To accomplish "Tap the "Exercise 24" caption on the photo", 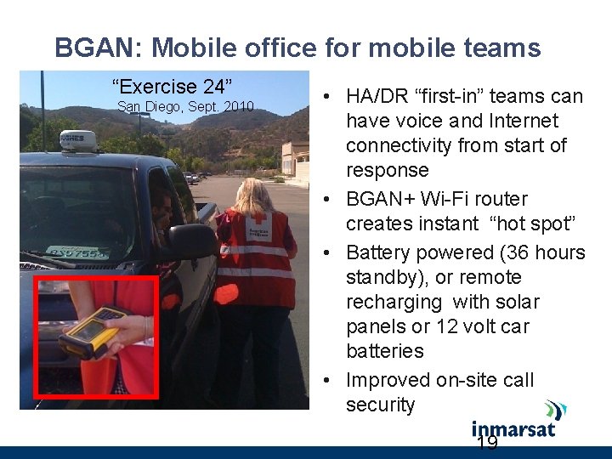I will coord(173,87).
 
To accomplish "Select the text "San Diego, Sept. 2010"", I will coord(185,107).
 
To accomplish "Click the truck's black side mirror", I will coord(190,242).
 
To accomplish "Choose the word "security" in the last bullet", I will coord(380,405).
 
